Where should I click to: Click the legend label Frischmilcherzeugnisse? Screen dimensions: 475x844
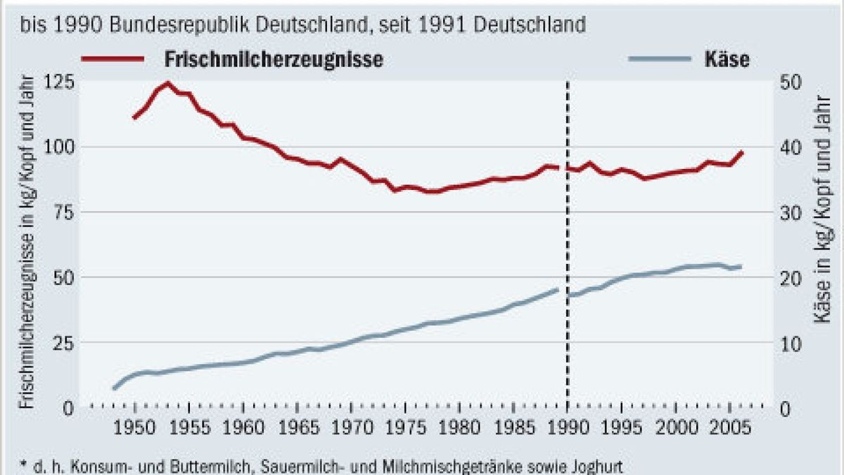pyautogui.click(x=273, y=59)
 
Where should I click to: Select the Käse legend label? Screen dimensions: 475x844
pyautogui.click(x=727, y=59)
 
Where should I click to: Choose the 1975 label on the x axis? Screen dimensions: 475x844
pyautogui.click(x=406, y=426)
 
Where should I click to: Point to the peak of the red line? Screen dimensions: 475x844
pyautogui.click(x=167, y=83)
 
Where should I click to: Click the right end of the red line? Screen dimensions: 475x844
pyautogui.click(x=742, y=151)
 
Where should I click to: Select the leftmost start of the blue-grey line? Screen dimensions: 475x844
pyautogui.click(x=114, y=388)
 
